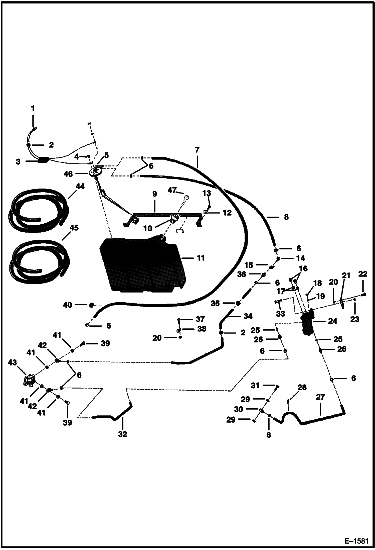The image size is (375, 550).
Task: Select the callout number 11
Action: coord(201,258)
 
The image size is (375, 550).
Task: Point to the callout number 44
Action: coord(80,187)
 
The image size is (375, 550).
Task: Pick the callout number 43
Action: coord(13,362)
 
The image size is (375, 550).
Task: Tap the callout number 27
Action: coord(320,397)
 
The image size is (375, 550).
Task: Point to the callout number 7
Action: coord(197,150)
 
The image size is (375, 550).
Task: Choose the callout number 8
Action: coord(286,217)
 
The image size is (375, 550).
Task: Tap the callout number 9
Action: coord(154,194)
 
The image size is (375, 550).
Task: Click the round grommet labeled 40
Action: coord(92,305)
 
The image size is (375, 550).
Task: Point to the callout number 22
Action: coord(362,274)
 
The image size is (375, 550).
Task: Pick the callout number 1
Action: coord(33,109)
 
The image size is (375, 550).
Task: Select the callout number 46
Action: coord(68,174)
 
